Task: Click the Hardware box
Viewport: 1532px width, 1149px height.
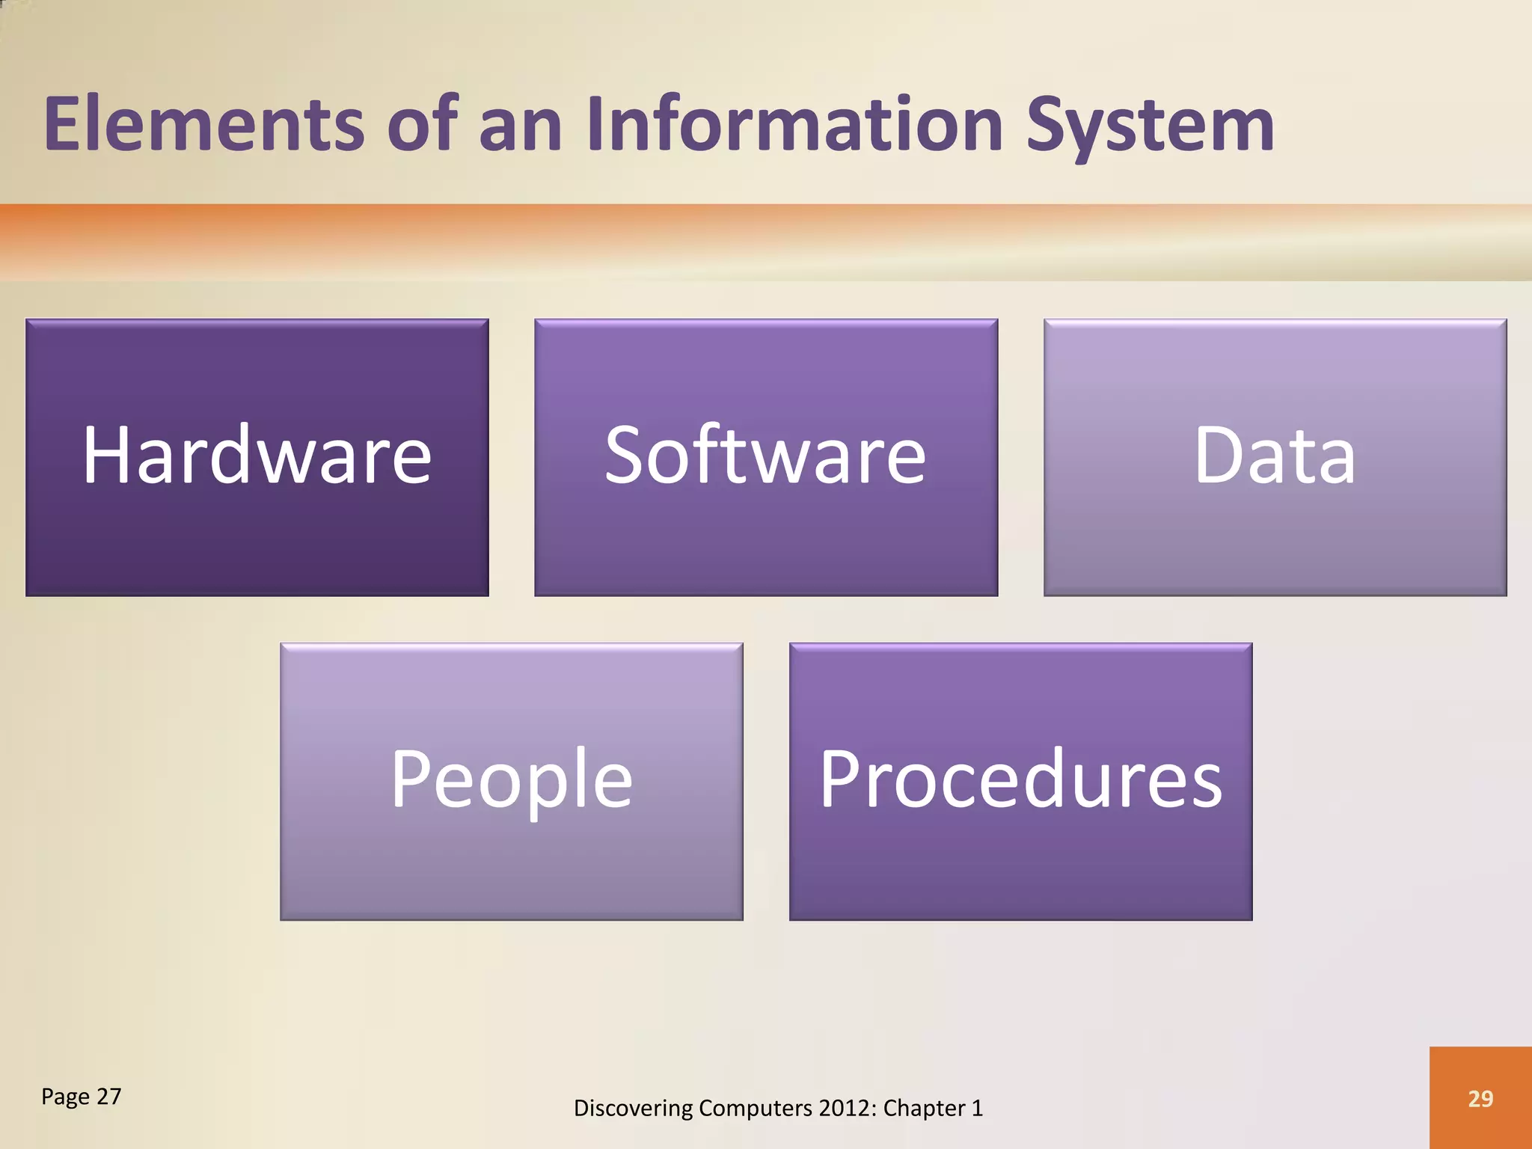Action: tap(257, 457)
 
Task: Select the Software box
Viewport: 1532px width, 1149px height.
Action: tap(765, 457)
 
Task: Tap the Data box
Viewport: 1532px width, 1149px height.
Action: tap(1275, 457)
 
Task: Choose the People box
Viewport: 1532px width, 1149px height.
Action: tap(512, 781)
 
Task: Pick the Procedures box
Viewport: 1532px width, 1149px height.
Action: tap(1020, 781)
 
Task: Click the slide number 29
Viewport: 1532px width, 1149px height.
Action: tap(1480, 1098)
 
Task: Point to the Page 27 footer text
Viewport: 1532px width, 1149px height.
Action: tap(81, 1097)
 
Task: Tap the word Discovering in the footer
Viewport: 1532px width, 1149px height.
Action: tap(633, 1108)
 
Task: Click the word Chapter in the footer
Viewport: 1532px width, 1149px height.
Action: tap(925, 1108)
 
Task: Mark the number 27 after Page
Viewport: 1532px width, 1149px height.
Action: tap(108, 1097)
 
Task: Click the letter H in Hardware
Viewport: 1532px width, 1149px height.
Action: tap(106, 455)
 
